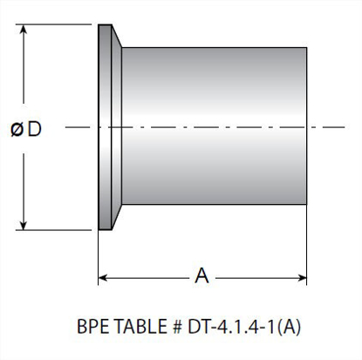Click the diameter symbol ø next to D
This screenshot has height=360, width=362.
coord(17,129)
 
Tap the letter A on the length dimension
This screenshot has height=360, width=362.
coord(201,276)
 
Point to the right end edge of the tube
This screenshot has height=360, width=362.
coord(306,126)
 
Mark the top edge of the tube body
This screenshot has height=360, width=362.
coord(214,47)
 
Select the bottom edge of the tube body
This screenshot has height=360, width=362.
coord(214,206)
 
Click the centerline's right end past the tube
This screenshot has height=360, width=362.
coord(336,128)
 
